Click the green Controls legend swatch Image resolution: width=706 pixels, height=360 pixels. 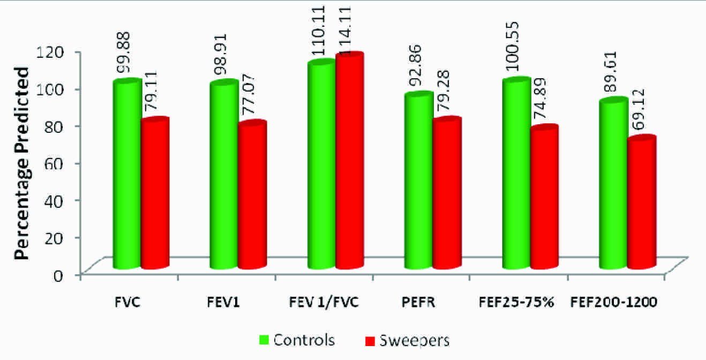264,340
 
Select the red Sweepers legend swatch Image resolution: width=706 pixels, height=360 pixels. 370,340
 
